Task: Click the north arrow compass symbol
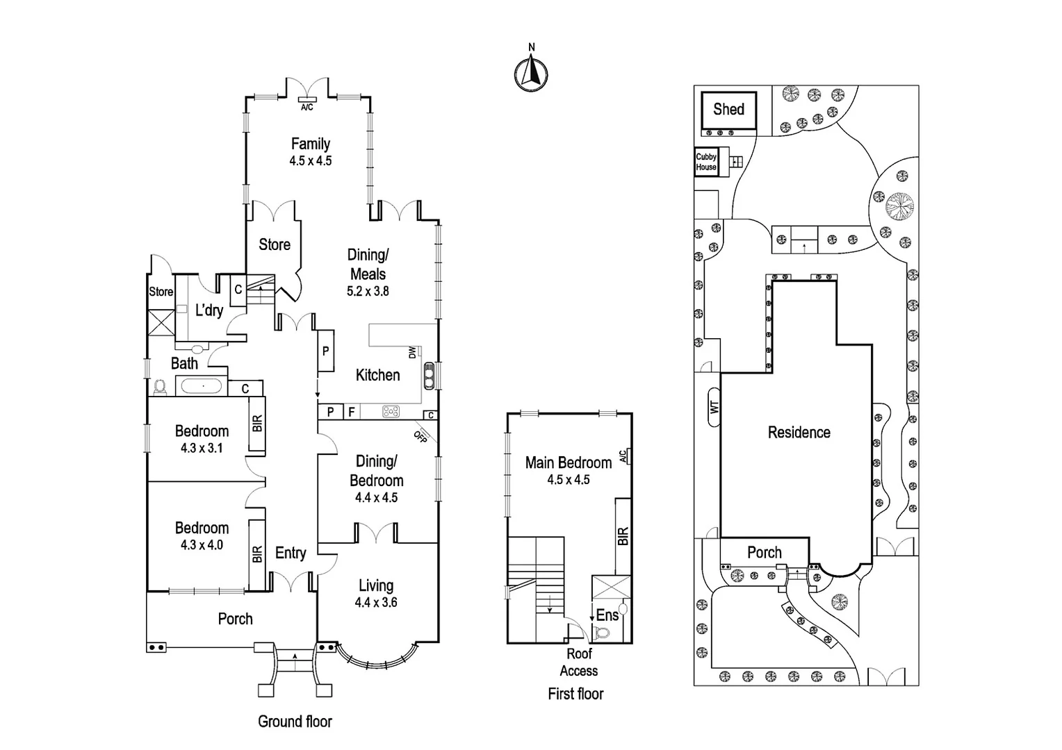pos(531,72)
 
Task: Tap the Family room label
pos(310,144)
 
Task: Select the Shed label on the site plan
pos(728,109)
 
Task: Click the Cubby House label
pos(706,162)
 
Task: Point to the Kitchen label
pos(377,375)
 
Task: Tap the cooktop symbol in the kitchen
pos(391,412)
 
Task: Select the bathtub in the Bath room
pos(200,386)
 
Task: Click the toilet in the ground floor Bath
pos(161,386)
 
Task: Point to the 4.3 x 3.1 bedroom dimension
pos(202,449)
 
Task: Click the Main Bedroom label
pos(568,462)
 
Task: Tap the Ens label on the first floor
pos(607,615)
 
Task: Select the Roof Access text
pos(578,662)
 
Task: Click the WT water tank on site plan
pos(714,407)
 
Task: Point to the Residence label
pos(799,433)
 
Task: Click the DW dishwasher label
pos(412,352)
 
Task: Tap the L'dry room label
pos(209,310)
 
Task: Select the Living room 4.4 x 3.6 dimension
pos(376,603)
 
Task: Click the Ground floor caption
pos(295,722)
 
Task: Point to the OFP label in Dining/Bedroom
pos(420,437)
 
